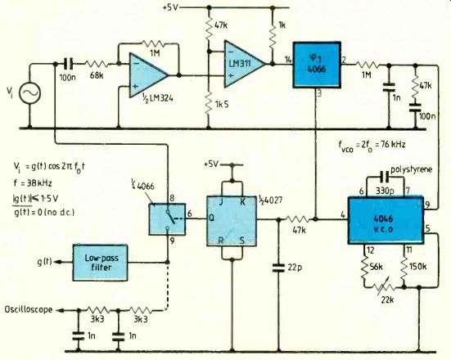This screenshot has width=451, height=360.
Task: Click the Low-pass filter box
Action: click(100, 263)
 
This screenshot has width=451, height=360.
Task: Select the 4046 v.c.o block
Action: click(386, 221)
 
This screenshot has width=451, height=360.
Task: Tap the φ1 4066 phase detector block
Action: click(317, 65)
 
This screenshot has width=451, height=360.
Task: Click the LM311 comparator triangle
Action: click(245, 64)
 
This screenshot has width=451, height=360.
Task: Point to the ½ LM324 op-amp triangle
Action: click(148, 75)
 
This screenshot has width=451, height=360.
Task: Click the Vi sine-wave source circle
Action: click(29, 92)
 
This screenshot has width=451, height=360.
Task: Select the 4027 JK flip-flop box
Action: click(232, 221)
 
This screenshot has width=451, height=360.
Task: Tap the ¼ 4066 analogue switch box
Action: click(167, 219)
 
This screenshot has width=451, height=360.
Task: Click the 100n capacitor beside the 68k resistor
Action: click(68, 64)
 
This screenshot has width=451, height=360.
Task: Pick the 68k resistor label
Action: click(97, 76)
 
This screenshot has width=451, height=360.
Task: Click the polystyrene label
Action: click(412, 169)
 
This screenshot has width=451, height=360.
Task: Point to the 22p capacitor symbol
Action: click(278, 268)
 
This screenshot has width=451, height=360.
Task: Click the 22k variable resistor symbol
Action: click(385, 286)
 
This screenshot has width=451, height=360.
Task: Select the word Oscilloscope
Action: click(29, 309)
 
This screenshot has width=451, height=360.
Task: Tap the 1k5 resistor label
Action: click(222, 104)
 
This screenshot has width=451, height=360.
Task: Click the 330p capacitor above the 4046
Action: click(384, 177)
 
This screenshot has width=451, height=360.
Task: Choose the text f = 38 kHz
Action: click(33, 182)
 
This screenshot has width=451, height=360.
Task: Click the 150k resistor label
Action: click(417, 267)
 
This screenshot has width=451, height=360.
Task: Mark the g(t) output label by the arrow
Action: click(44, 262)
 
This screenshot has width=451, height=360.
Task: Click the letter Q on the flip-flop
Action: click(211, 218)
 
